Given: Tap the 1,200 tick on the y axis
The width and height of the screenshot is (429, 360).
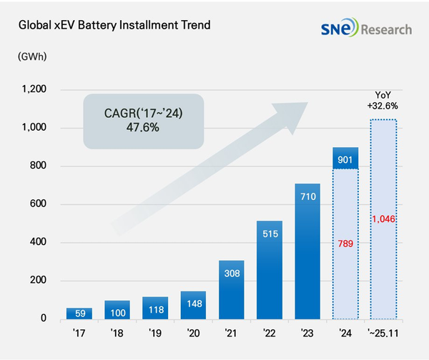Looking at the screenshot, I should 34,90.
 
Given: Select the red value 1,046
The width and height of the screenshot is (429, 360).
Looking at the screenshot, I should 383,218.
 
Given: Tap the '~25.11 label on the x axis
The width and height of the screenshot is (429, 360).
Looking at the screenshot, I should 383,333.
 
